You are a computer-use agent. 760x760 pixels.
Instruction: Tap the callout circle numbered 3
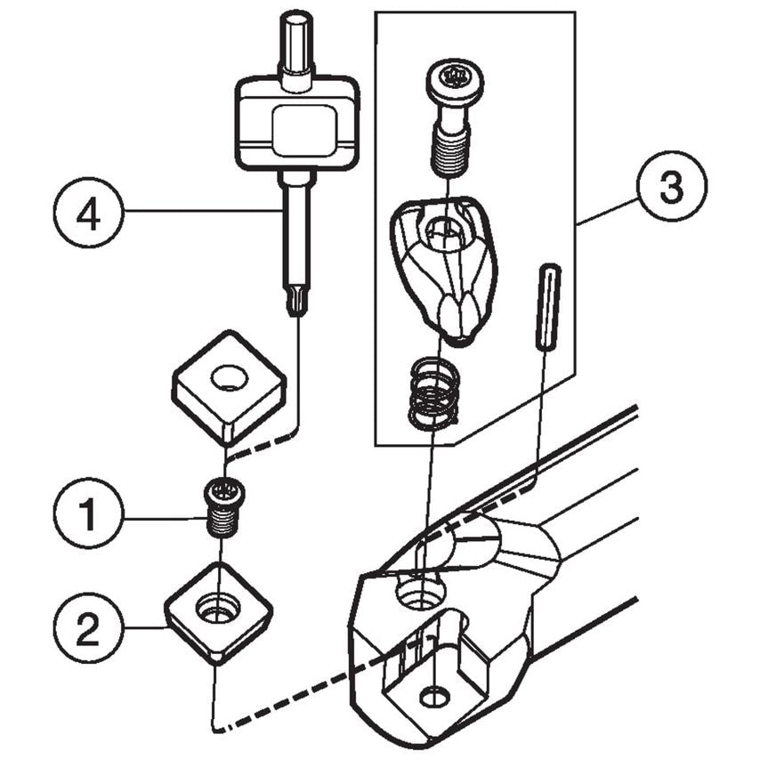[671, 188]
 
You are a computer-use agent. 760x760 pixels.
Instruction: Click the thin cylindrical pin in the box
[546, 306]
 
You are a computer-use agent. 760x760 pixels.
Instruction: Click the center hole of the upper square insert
[229, 376]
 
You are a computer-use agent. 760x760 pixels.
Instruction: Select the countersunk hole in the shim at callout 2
[218, 610]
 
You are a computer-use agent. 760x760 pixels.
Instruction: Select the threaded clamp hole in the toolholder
[418, 592]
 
